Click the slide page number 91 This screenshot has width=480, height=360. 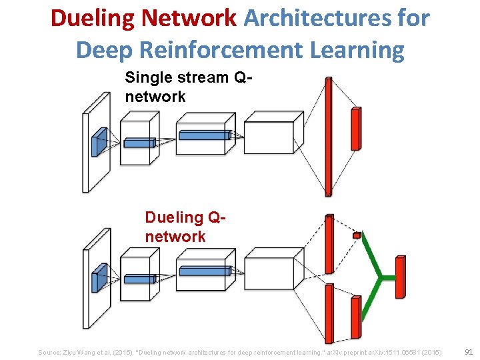click(x=468, y=351)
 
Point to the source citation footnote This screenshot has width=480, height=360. click(x=239, y=351)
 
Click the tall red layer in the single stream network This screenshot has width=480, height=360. click(x=328, y=137)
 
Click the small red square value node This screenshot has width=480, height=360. click(x=357, y=235)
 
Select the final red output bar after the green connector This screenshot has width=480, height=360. click(x=400, y=277)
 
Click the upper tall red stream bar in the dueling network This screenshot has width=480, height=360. click(x=329, y=244)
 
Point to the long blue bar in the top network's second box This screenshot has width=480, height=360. click(x=203, y=135)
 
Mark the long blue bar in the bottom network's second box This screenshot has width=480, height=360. click(x=203, y=271)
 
